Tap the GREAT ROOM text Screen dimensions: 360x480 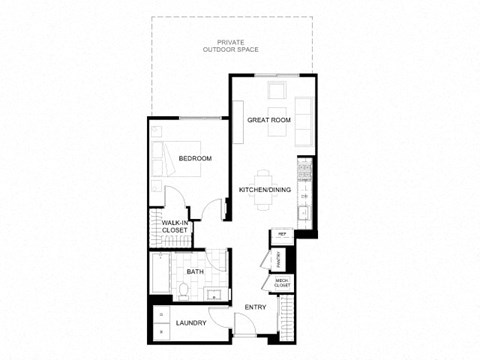tap(268, 120)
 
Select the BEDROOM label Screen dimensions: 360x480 tap(195, 159)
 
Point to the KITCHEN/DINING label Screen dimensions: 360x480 tap(264, 189)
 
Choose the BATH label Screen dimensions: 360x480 tap(196, 271)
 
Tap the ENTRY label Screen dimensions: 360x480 tap(254, 306)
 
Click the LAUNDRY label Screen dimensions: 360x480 tap(190, 323)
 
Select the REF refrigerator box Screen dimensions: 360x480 tap(283, 234)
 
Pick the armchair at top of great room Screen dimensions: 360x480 tap(277, 93)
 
